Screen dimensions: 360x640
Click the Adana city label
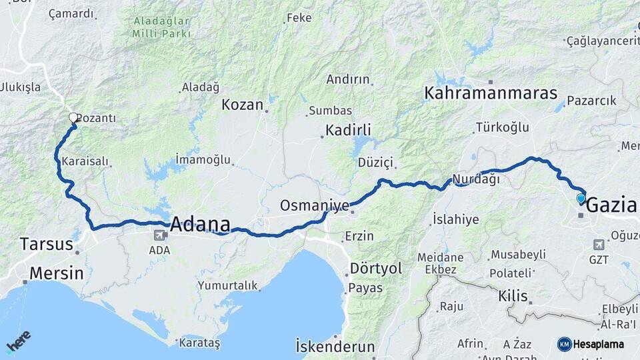pos(201,224)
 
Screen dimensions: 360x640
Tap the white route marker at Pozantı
pos(73,118)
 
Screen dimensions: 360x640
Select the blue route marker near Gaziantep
pos(581,198)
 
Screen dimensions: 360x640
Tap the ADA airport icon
pos(160,235)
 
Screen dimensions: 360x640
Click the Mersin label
pos(57,273)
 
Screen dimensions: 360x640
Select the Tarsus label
pos(46,244)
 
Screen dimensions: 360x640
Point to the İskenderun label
pos(335,346)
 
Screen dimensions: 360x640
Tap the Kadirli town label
pos(348,130)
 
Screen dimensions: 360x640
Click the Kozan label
pos(243,105)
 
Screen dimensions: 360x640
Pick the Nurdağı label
pos(475,179)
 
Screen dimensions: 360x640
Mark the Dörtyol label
pos(376,268)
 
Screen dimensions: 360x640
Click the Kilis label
pos(513,296)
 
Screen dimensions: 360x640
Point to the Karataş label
pos(198,343)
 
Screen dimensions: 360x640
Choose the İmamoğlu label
pos(203,160)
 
